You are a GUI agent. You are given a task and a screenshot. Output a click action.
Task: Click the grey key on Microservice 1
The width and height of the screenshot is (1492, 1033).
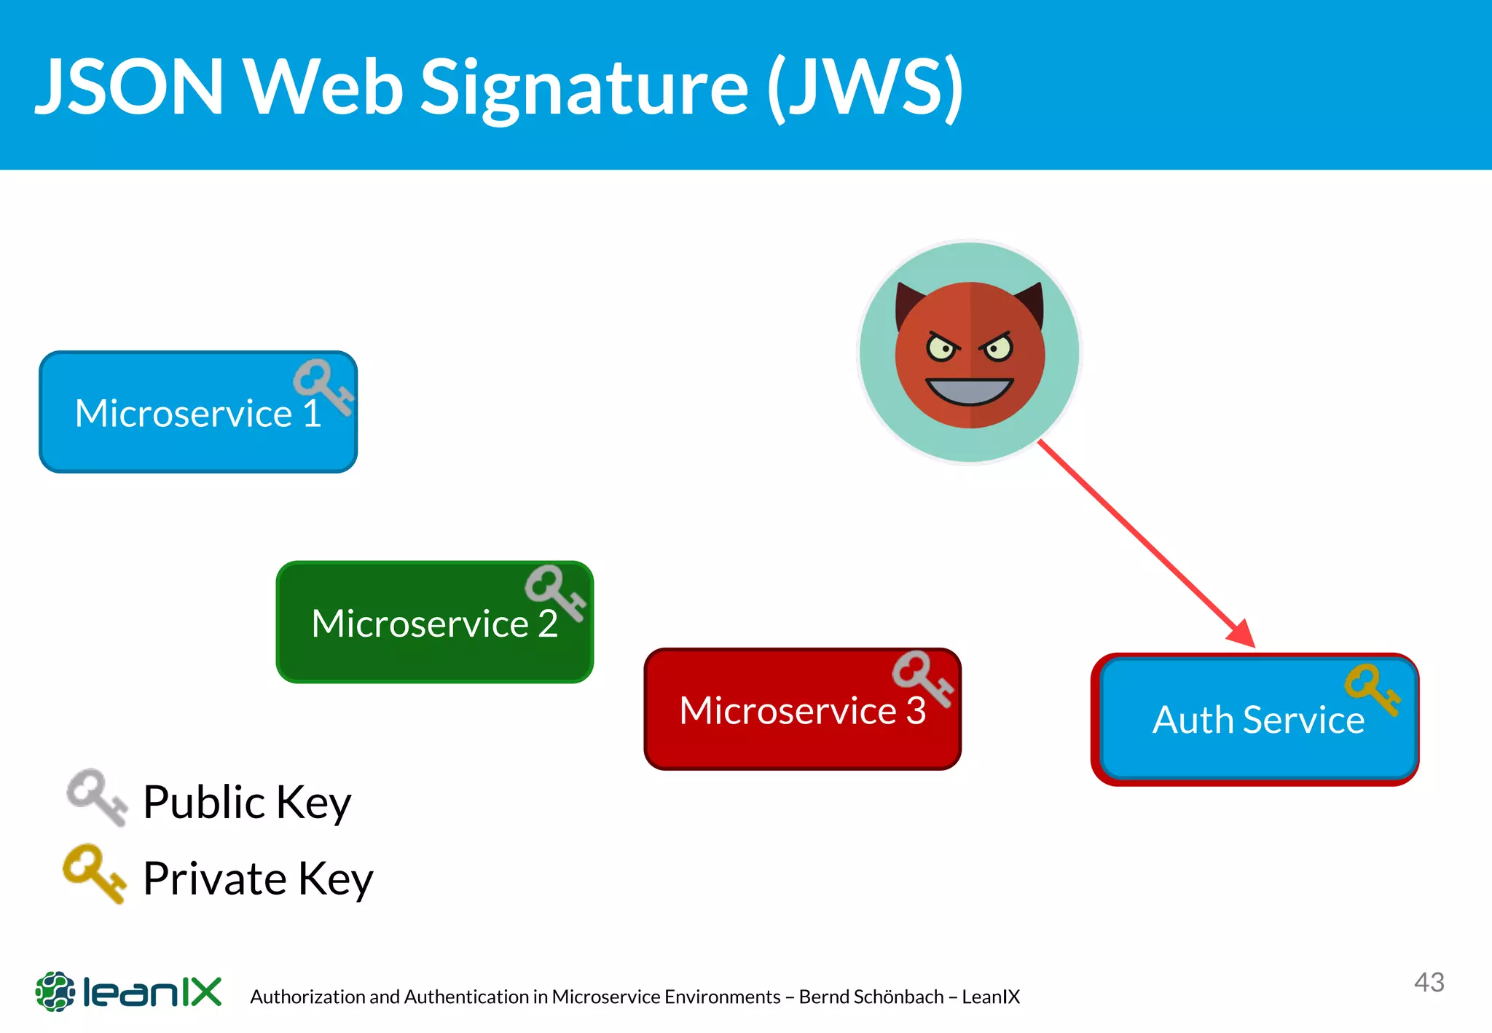(x=323, y=386)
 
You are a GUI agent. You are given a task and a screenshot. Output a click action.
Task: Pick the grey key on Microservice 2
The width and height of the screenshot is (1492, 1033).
(x=555, y=592)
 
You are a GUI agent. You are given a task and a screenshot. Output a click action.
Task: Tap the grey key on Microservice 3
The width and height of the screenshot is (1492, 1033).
(x=922, y=677)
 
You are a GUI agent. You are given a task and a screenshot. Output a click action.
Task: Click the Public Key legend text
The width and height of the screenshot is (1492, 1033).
(x=247, y=803)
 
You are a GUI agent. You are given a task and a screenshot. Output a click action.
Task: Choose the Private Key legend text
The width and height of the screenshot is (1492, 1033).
(x=258, y=879)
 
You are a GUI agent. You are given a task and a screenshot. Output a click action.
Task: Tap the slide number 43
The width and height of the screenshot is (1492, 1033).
(x=1429, y=982)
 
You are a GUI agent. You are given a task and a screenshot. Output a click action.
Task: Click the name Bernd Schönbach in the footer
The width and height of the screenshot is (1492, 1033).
(x=871, y=997)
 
